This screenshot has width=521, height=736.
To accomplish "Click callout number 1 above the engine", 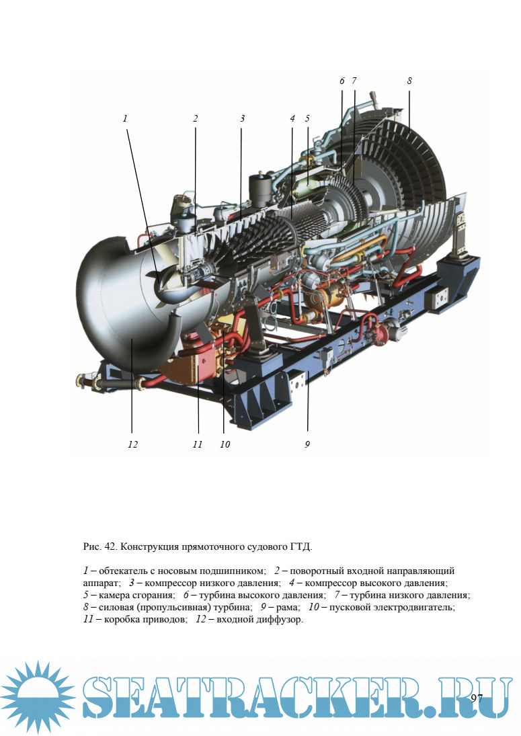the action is (125, 118).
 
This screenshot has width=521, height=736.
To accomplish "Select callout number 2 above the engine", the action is (195, 118).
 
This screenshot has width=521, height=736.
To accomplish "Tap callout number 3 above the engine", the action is (242, 118).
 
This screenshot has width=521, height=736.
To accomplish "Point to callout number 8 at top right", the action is (409, 81).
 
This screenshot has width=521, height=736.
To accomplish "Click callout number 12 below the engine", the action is (133, 444).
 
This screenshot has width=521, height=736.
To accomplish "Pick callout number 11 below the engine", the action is (197, 444).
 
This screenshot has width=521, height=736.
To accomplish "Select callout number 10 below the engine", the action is (225, 444).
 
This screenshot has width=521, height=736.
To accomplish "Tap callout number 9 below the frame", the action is (307, 444).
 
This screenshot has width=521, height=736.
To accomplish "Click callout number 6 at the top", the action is (342, 81).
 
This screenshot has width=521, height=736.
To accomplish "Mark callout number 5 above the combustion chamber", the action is (307, 118).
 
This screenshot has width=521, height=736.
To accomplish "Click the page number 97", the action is (477, 698).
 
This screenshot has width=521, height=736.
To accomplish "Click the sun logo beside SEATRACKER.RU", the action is (38, 696).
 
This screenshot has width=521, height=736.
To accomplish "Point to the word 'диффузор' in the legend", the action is (280, 620).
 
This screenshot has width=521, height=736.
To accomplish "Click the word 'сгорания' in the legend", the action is (153, 596).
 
